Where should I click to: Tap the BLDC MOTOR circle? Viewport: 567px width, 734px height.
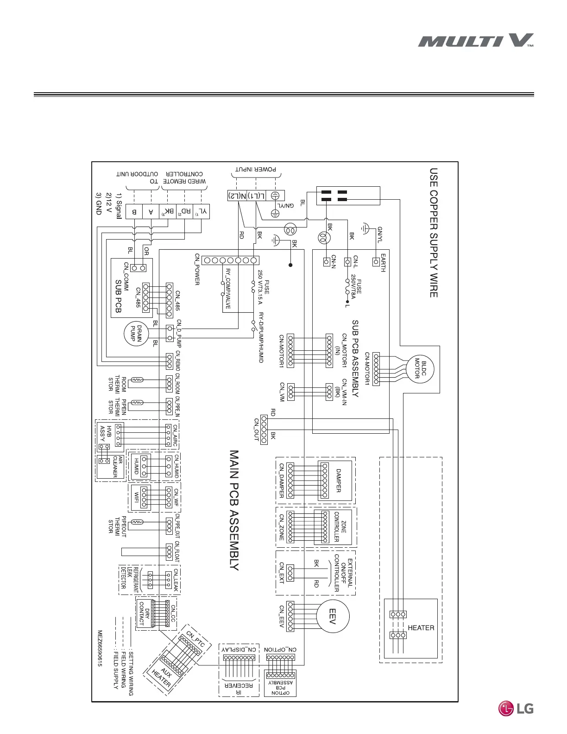[420, 368]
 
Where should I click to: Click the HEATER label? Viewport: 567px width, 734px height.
[421, 628]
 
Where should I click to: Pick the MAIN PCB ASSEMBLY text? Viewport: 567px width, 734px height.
[234, 510]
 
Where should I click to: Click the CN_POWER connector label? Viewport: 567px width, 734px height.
[197, 269]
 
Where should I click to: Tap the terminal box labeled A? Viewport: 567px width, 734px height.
[151, 212]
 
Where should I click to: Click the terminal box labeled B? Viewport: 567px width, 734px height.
[134, 212]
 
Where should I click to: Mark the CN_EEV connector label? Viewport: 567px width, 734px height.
[281, 616]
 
